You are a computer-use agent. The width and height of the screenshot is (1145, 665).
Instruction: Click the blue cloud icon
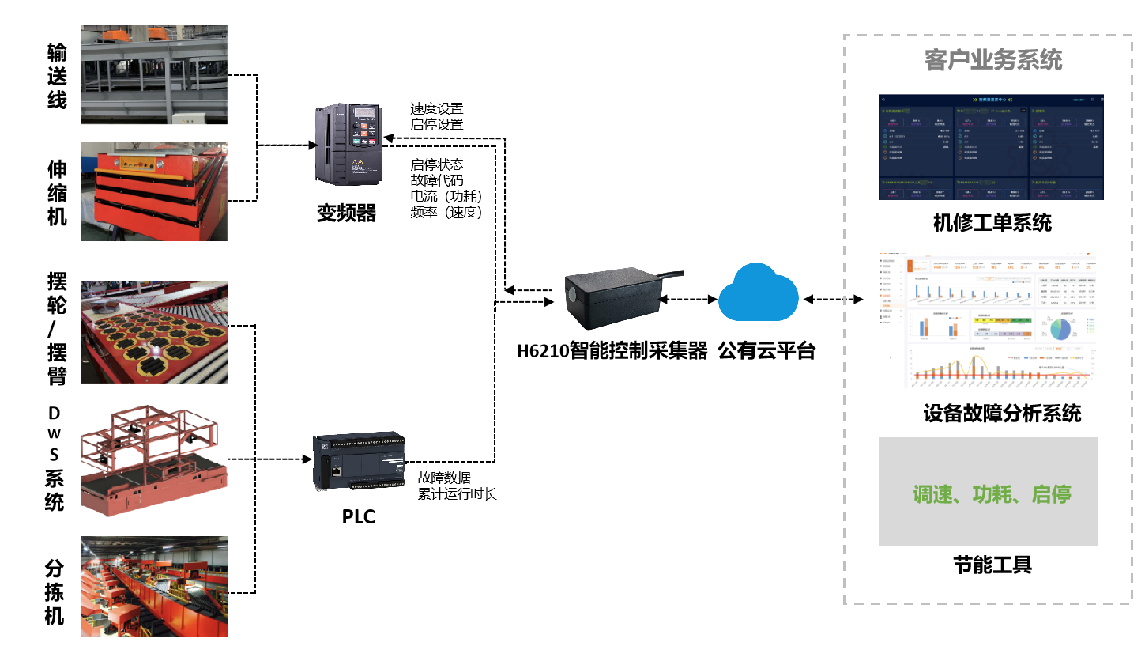[758, 293]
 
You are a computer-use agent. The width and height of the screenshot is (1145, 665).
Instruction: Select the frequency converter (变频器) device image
[348, 145]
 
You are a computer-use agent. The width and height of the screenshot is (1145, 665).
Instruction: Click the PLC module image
[359, 461]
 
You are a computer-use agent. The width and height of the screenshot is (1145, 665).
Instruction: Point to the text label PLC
[358, 516]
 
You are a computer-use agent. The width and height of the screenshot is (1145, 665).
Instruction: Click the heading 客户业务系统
[993, 60]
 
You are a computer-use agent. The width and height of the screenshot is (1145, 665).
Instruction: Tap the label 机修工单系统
[992, 223]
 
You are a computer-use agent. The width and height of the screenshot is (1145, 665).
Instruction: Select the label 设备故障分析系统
[1002, 413]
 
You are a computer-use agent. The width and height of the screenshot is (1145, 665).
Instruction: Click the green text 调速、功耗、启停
[992, 494]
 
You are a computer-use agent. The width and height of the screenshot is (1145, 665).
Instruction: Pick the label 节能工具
[992, 565]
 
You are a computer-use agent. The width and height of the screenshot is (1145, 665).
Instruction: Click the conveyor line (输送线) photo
[154, 74]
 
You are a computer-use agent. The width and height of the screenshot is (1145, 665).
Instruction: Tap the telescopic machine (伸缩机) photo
[154, 191]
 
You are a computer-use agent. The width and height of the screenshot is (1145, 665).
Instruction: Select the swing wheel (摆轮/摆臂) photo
[154, 332]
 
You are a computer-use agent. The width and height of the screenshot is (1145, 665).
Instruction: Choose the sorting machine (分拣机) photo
[154, 586]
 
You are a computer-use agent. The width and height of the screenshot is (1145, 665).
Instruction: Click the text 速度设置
[436, 108]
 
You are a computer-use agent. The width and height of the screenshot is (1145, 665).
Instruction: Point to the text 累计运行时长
[457, 494]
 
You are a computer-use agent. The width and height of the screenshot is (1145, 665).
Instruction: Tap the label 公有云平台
[766, 350]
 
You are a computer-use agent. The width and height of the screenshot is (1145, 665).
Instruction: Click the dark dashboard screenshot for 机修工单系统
[991, 147]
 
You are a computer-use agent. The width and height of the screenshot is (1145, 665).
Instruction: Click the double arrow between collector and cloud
[688, 300]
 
